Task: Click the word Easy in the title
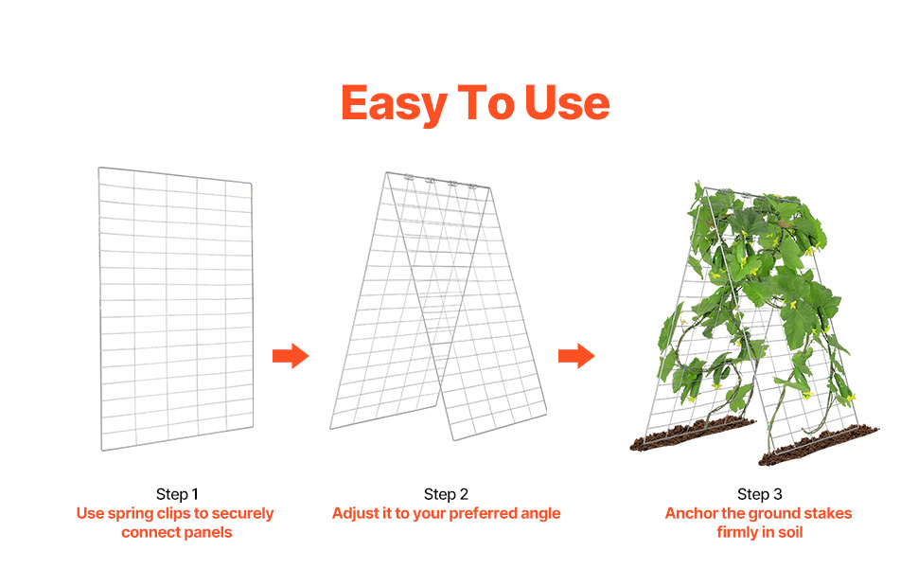click(394, 103)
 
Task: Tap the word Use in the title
click(567, 103)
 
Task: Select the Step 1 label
click(177, 494)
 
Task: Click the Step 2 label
click(446, 494)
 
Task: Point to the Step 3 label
click(759, 494)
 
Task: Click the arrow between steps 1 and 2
click(291, 355)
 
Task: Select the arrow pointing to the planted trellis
click(576, 355)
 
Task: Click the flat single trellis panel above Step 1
click(176, 309)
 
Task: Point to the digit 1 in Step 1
click(195, 494)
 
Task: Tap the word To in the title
click(485, 103)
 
